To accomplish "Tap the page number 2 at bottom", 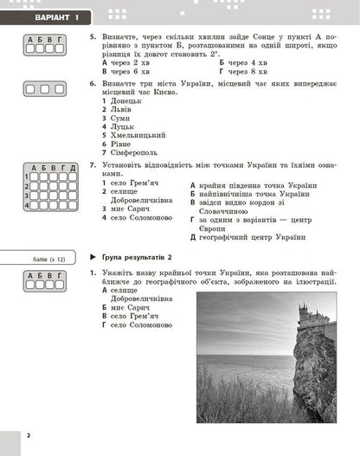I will tap(28, 434).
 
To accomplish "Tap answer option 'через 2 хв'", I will tap(126, 63).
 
